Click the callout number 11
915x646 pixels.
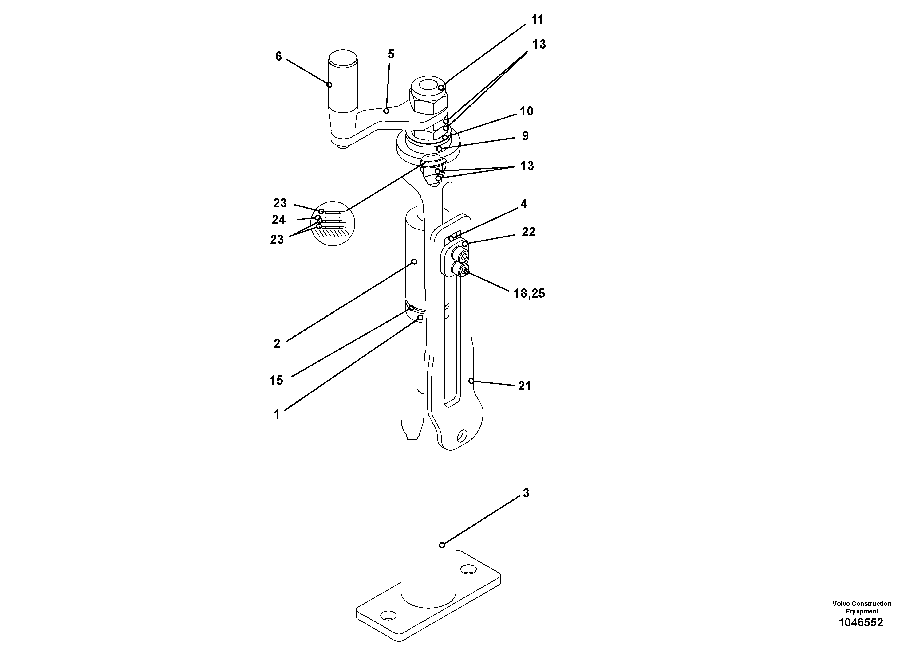[537, 20]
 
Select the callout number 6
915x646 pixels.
[278, 56]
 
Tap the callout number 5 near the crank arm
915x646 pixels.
[391, 54]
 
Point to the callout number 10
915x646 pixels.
[527, 111]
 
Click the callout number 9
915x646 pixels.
[525, 136]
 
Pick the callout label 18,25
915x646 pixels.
[529, 294]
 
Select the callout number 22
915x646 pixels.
[528, 232]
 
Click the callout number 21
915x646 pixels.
[524, 386]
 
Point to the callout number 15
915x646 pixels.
[276, 380]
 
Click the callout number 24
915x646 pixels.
[278, 219]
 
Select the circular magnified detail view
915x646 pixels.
[333, 223]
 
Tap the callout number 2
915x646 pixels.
[277, 344]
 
